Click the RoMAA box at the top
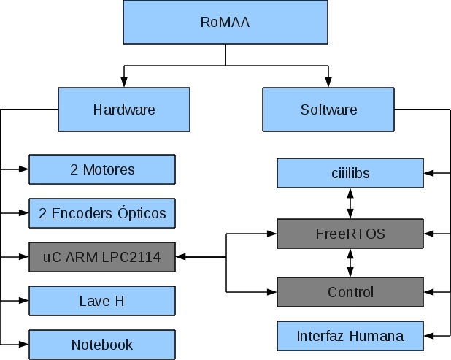(225, 23)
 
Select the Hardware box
(124, 110)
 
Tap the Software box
(328, 110)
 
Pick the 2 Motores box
(102, 169)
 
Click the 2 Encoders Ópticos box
(102, 213)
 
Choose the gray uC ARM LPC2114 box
(102, 257)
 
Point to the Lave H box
(102, 301)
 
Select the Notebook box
(102, 345)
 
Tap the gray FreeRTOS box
(350, 234)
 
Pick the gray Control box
(350, 292)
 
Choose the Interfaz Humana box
(350, 337)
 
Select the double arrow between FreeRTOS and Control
(351, 263)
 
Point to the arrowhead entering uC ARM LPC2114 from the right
(181, 257)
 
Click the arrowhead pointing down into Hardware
(124, 83)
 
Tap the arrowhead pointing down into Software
(328, 83)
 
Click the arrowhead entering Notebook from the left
(24, 344)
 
